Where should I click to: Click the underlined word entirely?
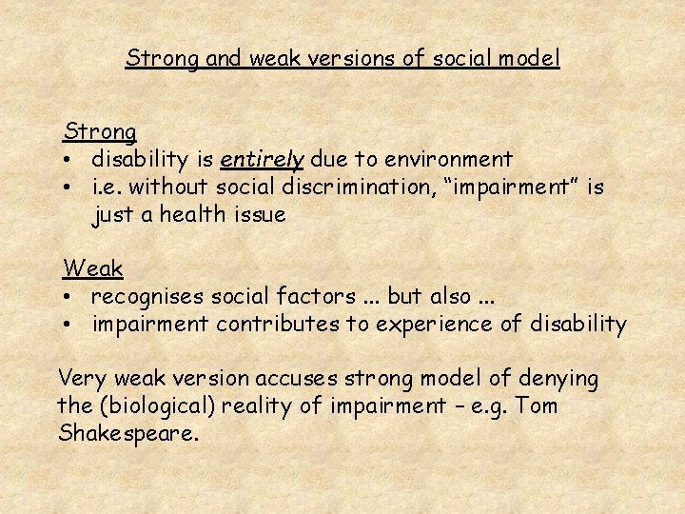tap(261, 159)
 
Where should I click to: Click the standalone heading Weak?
tap(93, 269)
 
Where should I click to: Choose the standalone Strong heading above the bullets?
tap(100, 131)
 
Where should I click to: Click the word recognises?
tap(145, 297)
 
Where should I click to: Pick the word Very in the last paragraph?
tap(83, 379)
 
